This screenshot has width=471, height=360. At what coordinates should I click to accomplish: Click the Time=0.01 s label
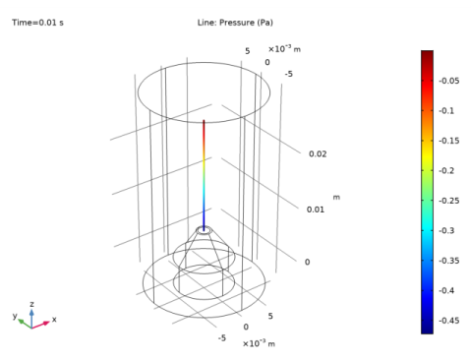coord(37,23)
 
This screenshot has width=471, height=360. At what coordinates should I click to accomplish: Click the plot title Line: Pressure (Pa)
coord(235,23)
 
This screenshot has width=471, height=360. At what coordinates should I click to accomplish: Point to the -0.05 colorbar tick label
coord(449,81)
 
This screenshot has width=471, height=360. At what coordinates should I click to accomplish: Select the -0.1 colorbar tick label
coord(446,111)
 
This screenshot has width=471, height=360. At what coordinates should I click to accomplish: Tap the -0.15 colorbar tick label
coord(449,141)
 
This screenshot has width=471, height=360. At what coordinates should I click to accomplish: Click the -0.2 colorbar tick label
coord(446,171)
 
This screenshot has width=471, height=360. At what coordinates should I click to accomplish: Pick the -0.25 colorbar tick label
coord(449,201)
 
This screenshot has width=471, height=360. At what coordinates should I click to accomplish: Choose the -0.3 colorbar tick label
coord(446,231)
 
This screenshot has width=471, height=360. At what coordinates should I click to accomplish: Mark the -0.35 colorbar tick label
coord(449,261)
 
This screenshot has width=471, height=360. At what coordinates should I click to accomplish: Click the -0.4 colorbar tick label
coord(446,290)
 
